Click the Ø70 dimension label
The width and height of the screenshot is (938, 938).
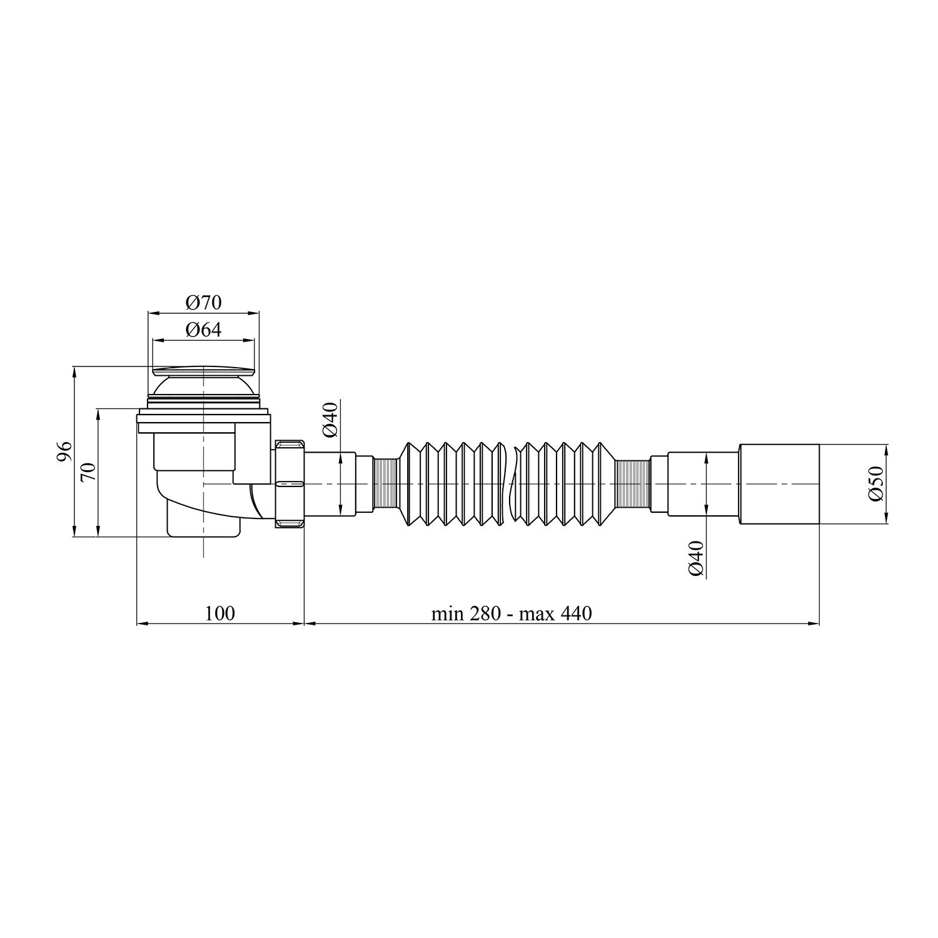coord(203,303)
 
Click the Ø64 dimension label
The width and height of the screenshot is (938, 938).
coord(203,330)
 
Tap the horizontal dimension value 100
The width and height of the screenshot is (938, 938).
coord(220,613)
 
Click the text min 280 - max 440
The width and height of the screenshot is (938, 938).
coord(511,613)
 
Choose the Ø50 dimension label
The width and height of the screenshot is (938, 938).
coord(875,483)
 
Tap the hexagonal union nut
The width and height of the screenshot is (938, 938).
coord(290,484)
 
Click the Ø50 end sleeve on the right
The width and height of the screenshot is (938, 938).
coord(779,484)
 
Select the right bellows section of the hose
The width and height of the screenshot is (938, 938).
coord(563,484)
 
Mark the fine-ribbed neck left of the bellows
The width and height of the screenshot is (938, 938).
coord(384,484)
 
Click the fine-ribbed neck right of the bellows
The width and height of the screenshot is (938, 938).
coord(633,484)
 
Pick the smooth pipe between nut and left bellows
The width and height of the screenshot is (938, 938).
coord(330,484)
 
